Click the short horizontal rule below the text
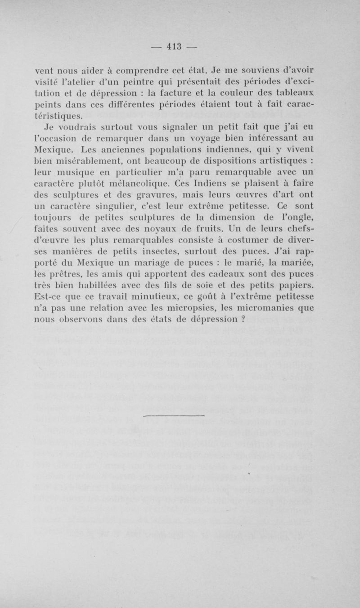coord(173,416)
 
